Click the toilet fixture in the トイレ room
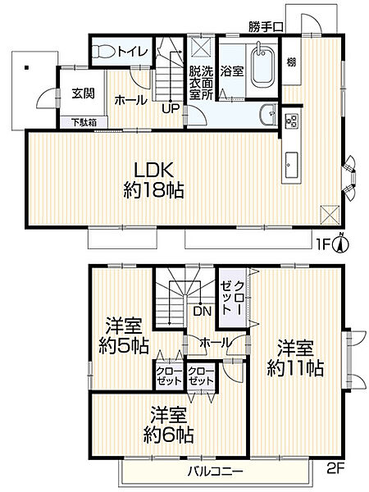point(103,51)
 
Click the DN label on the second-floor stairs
point(200,311)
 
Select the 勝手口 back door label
point(266,27)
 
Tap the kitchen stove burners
point(291,121)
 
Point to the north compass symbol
point(345,243)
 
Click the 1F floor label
point(324,244)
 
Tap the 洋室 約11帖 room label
point(295,358)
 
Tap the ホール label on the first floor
point(131,100)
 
